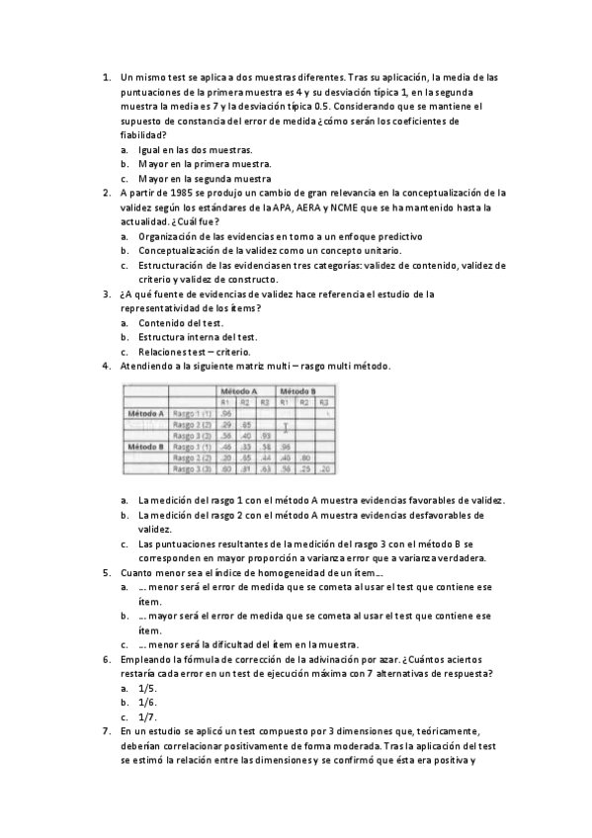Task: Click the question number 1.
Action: [107, 76]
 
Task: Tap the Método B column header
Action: [297, 391]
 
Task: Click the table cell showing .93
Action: [264, 435]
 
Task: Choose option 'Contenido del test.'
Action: [181, 322]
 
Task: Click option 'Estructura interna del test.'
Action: [198, 337]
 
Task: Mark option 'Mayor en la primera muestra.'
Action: [205, 164]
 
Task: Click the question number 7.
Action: [107, 731]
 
